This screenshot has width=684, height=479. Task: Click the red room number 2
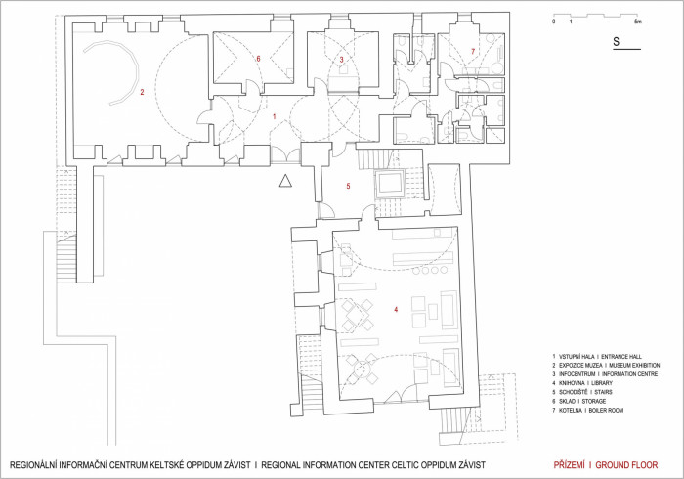click(x=142, y=92)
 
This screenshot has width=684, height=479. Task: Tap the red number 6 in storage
click(x=258, y=59)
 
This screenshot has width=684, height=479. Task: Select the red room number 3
click(x=342, y=60)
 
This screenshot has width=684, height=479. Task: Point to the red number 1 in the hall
click(x=274, y=117)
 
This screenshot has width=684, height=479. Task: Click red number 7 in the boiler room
click(x=473, y=52)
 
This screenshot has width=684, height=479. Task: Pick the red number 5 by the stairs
click(x=348, y=186)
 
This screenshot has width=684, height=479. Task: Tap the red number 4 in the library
click(x=396, y=309)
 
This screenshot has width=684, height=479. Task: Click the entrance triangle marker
click(x=285, y=181)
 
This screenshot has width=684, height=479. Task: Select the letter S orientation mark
click(x=616, y=41)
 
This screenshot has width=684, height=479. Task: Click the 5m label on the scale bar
click(x=638, y=21)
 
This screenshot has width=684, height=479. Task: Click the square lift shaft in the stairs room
click(x=390, y=183)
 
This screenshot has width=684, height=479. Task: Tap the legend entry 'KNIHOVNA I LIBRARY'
click(x=582, y=383)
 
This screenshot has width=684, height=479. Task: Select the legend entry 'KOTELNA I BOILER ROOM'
click(x=587, y=410)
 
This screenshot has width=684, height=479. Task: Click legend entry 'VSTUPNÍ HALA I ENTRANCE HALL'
click(x=597, y=357)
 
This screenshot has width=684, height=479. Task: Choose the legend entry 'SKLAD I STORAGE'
click(x=578, y=401)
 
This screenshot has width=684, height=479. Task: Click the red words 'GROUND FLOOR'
click(x=626, y=465)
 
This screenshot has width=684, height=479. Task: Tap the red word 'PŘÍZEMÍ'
click(x=570, y=465)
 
